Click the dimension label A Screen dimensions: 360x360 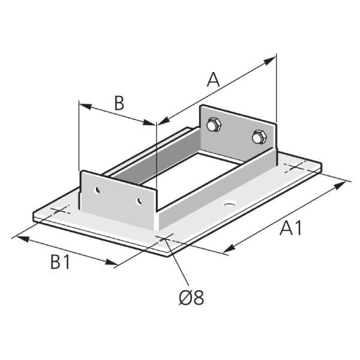(213, 80)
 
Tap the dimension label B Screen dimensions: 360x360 (119, 103)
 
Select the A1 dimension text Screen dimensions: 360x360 (290, 229)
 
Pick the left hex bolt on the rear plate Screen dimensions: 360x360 (212, 125)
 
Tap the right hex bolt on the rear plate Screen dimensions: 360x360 (259, 137)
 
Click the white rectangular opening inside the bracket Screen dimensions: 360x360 (180, 174)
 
